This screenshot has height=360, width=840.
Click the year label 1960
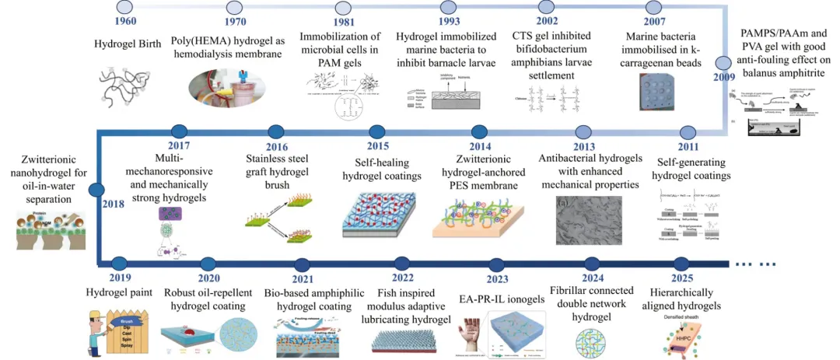coord(126,21)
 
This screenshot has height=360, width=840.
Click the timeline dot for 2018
coord(96,189)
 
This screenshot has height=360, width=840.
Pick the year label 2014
coord(479,147)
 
